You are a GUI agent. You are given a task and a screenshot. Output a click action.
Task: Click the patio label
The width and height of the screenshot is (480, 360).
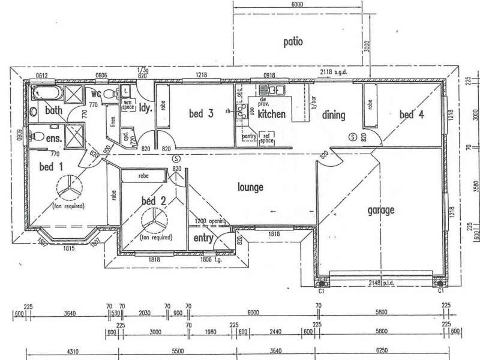coord(293,42)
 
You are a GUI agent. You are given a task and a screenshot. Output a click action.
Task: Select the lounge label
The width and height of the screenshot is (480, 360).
coord(250,188)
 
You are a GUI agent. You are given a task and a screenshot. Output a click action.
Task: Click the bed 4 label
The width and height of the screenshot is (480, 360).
coord(413,115)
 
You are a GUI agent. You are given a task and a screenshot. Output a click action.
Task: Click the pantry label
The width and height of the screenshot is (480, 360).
coord(250,137)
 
